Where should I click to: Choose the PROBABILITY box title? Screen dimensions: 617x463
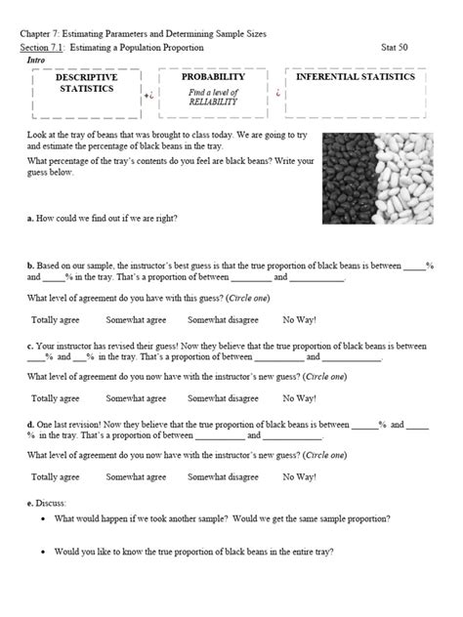214,76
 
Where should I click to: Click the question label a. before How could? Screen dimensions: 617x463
31,219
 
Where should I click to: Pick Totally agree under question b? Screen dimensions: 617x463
56,318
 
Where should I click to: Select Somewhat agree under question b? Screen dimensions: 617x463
136,318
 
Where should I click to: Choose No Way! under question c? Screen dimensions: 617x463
299,398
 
